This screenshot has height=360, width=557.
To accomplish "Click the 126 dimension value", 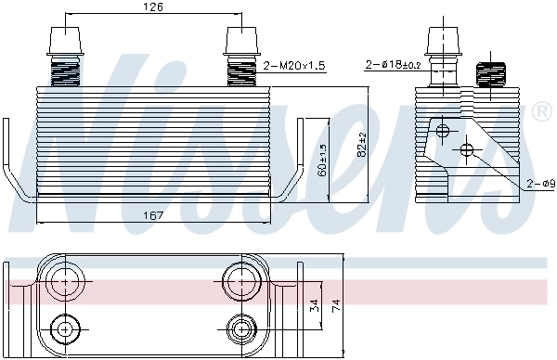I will click(154, 7).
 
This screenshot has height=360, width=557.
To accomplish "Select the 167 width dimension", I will click(154, 215).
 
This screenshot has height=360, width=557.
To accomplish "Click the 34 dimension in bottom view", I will click(314, 304).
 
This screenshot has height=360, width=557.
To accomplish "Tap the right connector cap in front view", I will click(244, 43).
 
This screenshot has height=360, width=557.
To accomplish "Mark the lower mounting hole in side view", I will click(466, 149).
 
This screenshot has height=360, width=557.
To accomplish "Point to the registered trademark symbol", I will click(543, 112).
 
